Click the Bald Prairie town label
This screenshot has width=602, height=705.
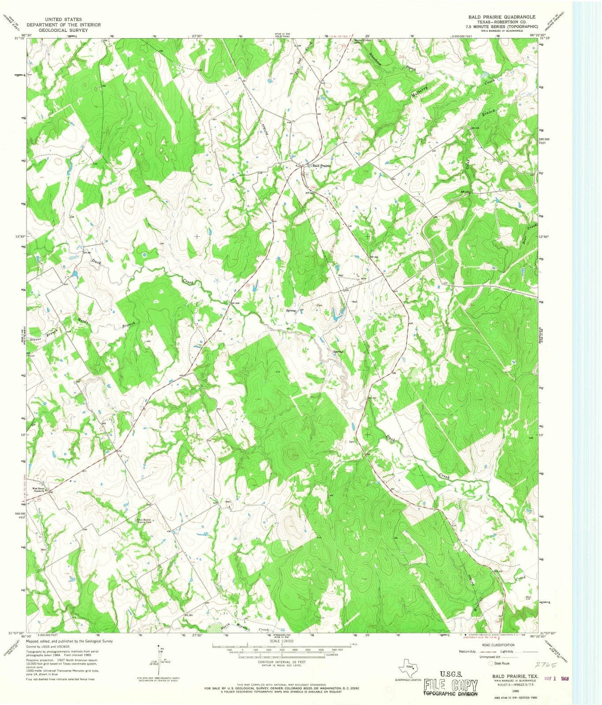(321, 166)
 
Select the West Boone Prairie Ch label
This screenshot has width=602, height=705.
(41, 490)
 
